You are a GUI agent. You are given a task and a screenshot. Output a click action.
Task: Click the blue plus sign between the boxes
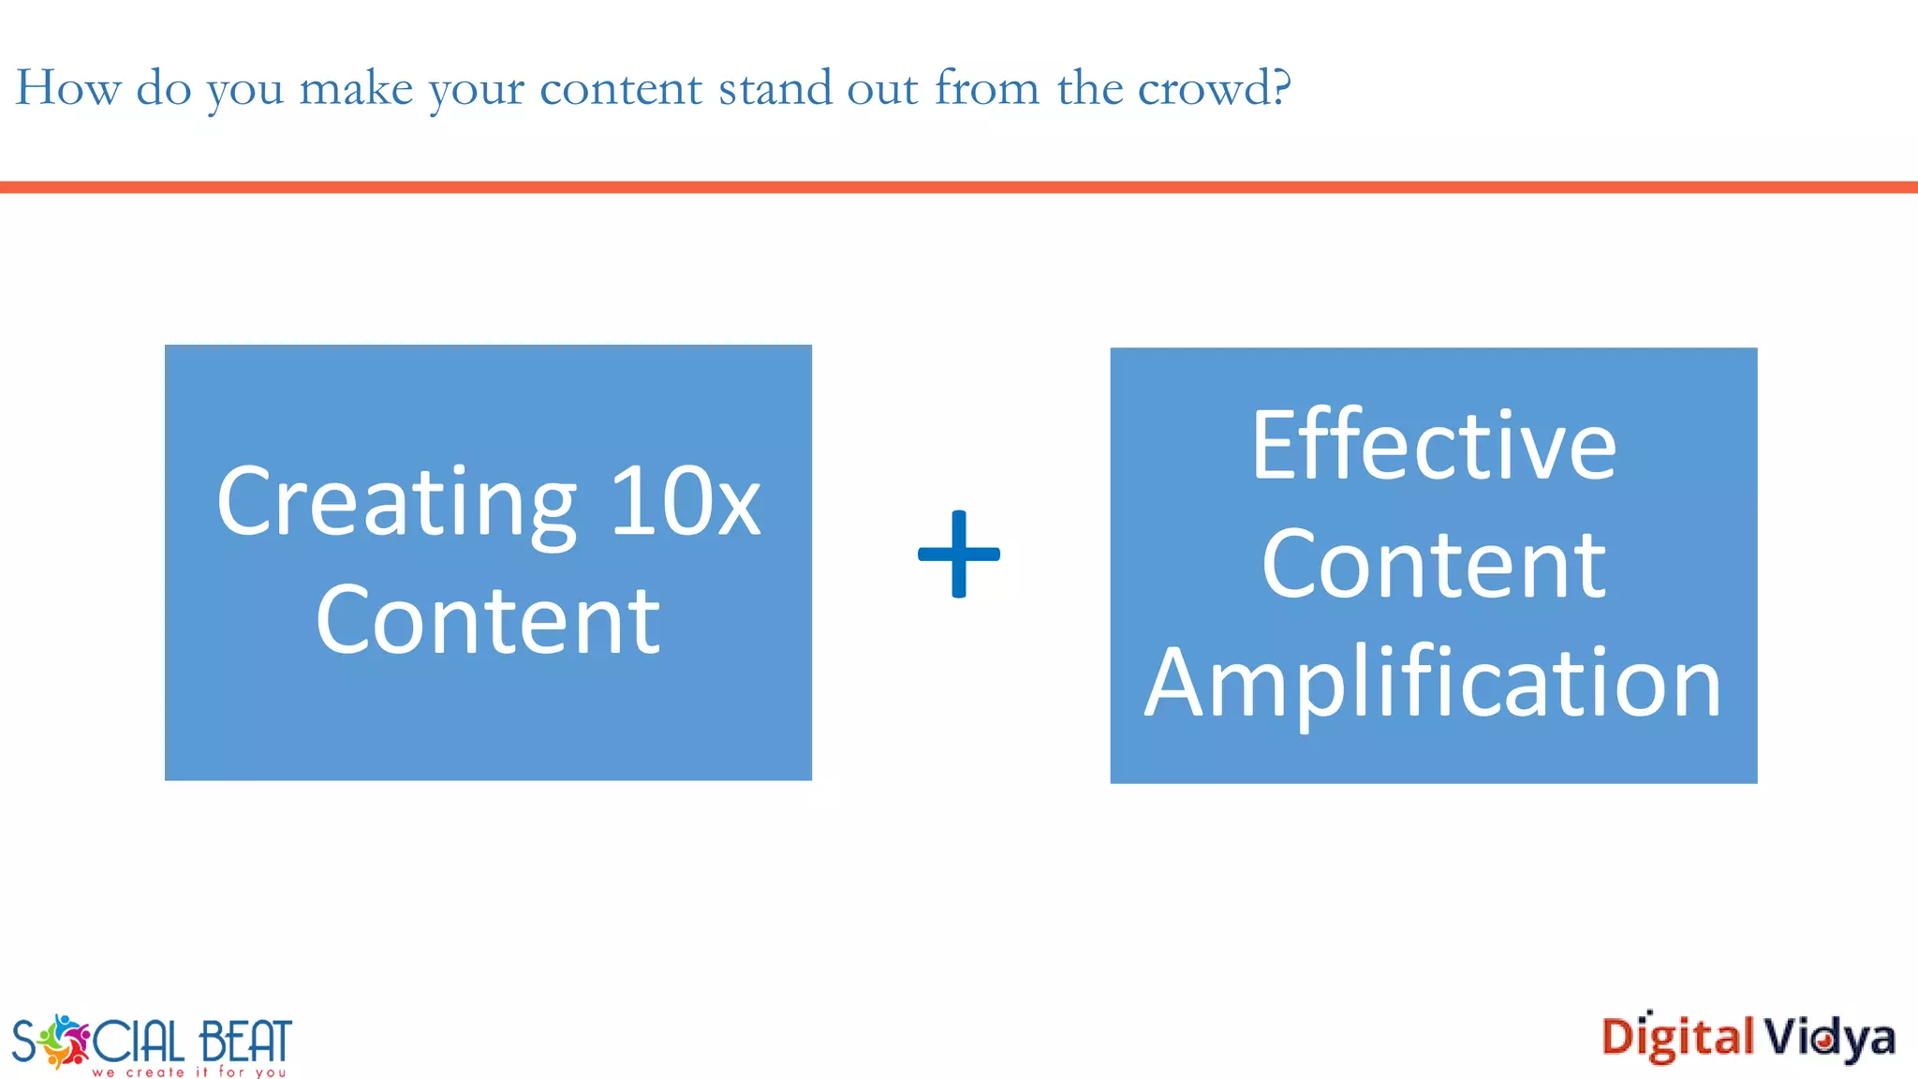tap(958, 554)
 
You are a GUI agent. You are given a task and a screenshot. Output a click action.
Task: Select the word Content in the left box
tap(488, 620)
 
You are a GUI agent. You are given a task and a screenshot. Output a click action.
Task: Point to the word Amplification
tap(1433, 684)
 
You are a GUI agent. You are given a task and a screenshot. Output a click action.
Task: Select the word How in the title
tap(68, 88)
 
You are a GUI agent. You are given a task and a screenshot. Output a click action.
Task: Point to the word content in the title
tap(621, 90)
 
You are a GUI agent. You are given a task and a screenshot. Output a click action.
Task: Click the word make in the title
tap(356, 88)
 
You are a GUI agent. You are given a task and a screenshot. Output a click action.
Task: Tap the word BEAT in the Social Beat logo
tap(245, 1041)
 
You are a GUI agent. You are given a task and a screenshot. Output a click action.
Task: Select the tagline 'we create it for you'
tap(188, 1072)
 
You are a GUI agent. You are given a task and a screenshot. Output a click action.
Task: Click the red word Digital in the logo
tap(1677, 1038)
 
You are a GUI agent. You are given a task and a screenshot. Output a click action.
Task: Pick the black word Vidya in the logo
tap(1830, 1038)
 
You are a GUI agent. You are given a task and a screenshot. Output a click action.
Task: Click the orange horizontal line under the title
tap(959, 187)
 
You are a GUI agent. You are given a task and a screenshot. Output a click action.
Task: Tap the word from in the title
tap(987, 88)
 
